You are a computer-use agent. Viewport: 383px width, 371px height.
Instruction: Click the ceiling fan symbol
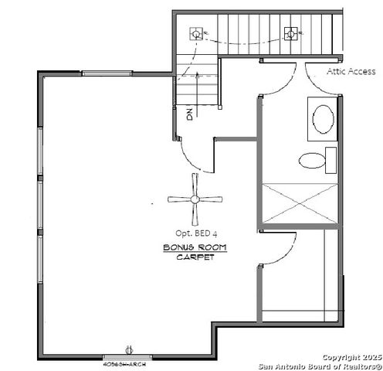point(194,199)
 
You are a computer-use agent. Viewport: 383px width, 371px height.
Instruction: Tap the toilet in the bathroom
point(314,161)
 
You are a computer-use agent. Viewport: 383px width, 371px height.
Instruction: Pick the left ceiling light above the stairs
point(196,33)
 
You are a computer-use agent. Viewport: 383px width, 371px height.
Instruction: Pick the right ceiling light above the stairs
point(291,33)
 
